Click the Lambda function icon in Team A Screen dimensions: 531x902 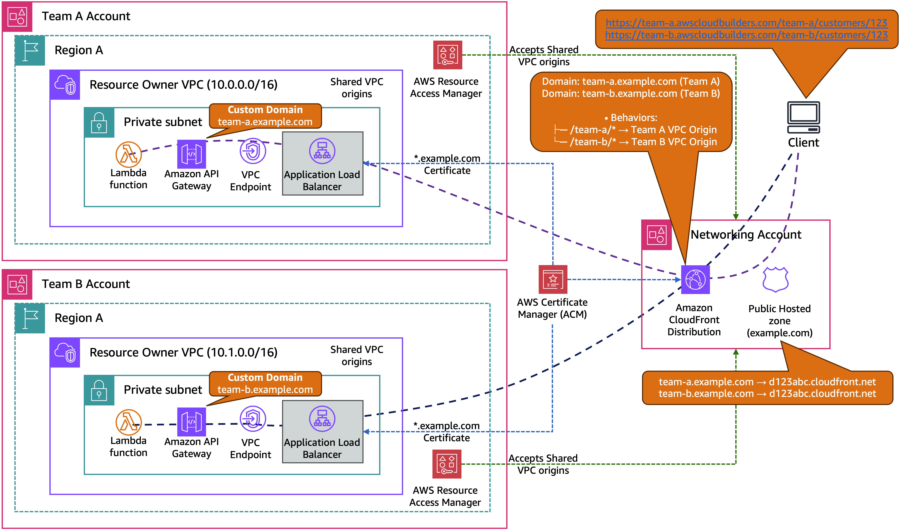(x=129, y=155)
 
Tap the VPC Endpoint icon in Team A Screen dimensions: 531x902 (x=253, y=151)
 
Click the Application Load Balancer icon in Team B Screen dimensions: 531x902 (x=322, y=419)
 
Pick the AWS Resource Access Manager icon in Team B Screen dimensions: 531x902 (x=447, y=464)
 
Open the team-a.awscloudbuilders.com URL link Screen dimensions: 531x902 (x=746, y=23)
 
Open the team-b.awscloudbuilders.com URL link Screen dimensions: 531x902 (x=746, y=35)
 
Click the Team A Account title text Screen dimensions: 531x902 (x=86, y=16)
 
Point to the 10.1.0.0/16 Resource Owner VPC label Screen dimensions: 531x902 (x=183, y=353)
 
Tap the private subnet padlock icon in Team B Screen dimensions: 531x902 (x=99, y=390)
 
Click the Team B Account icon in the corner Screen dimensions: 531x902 (x=17, y=284)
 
